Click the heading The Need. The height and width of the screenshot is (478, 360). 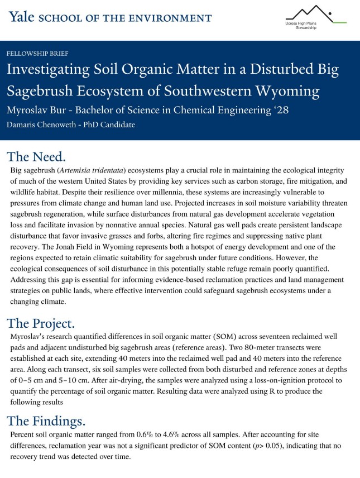pos(37,157)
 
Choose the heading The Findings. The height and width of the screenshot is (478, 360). pos(46,419)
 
